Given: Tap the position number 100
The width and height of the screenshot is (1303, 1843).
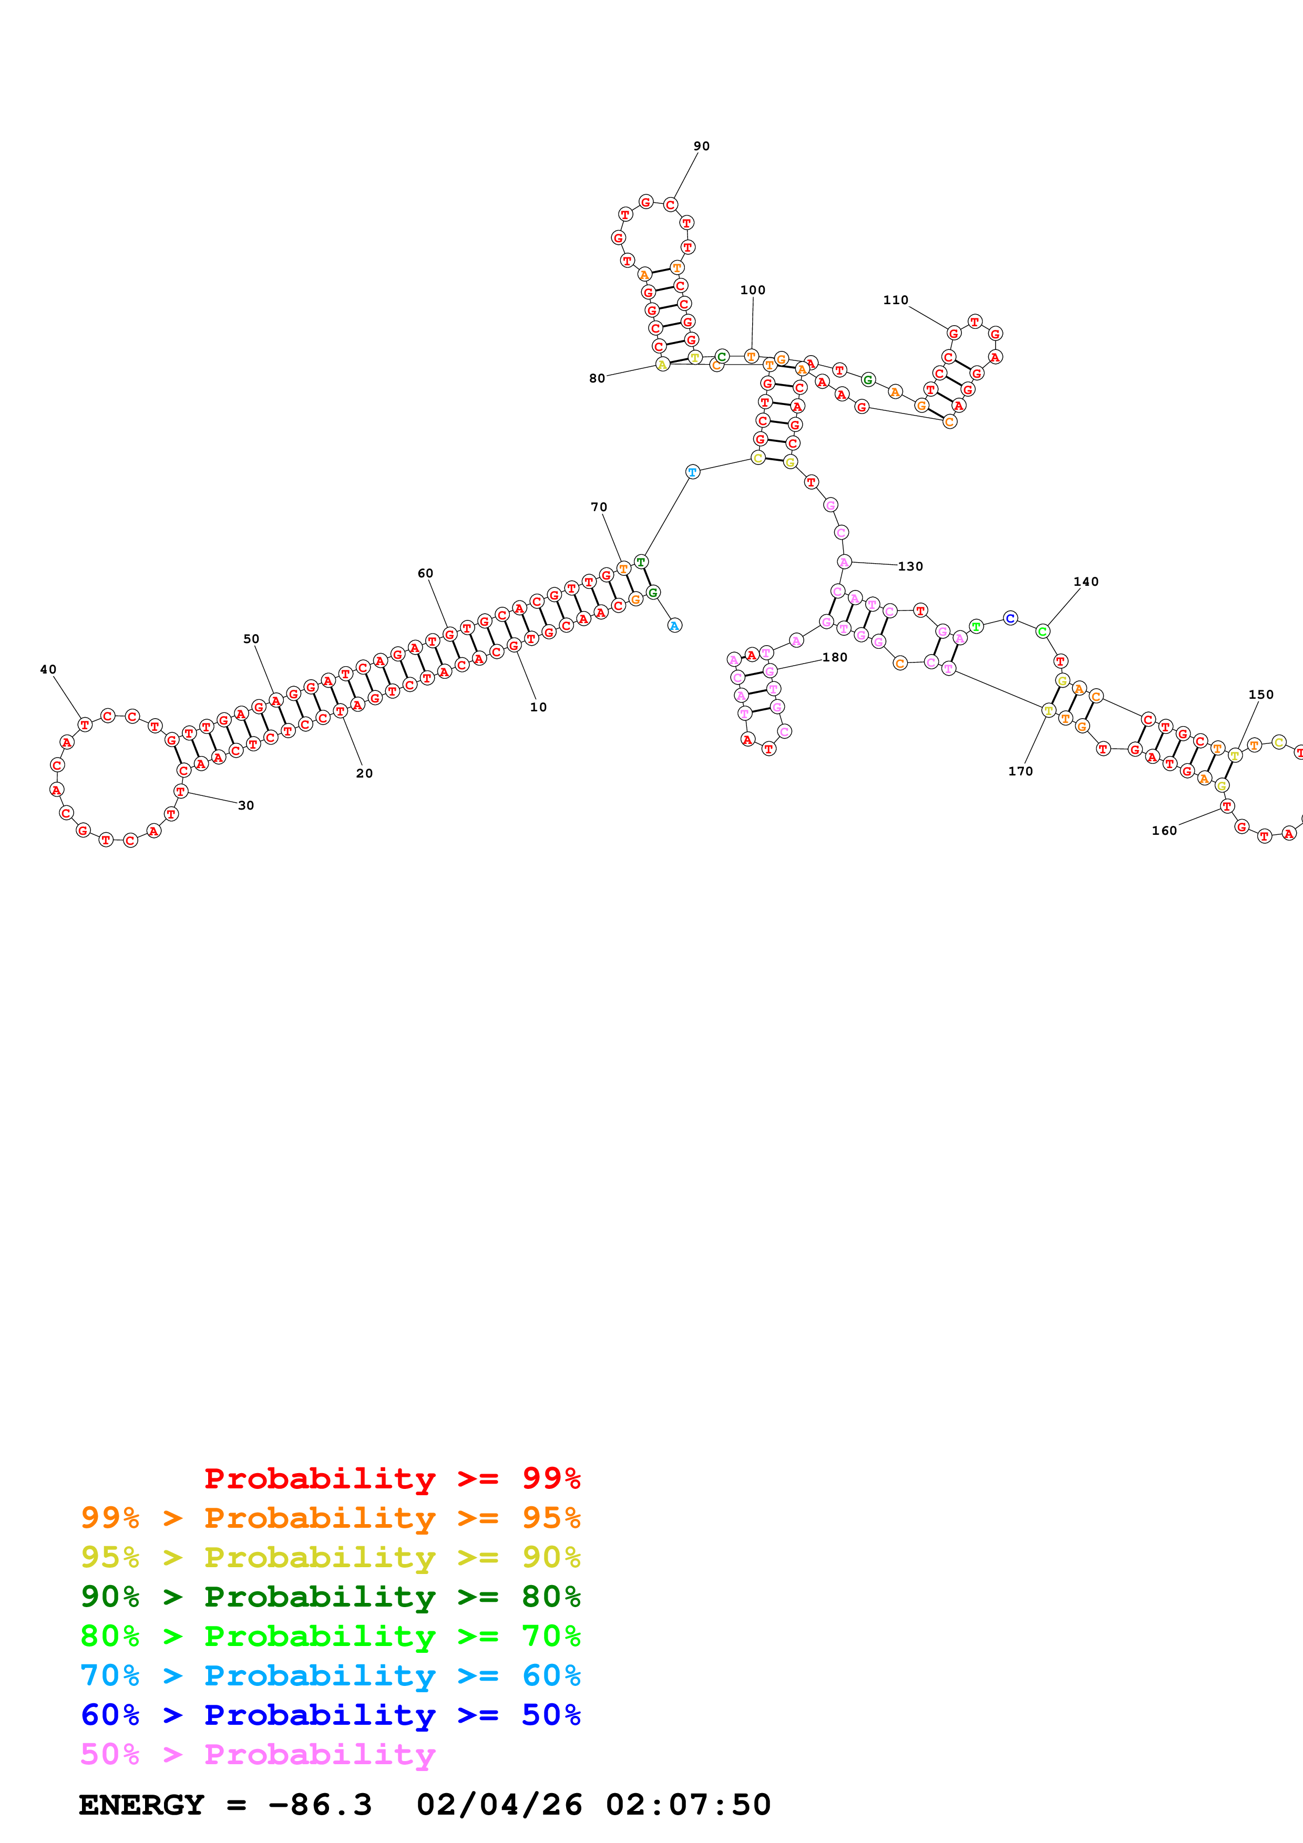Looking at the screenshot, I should click(x=752, y=290).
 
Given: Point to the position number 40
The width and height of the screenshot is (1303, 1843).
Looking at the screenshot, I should click(x=48, y=669).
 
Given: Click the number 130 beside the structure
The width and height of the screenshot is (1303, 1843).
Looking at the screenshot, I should click(x=910, y=566).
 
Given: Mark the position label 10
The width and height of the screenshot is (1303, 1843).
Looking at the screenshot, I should click(x=538, y=707).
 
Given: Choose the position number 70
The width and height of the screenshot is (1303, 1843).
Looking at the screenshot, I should click(x=599, y=508).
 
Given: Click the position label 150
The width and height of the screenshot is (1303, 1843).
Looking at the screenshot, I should click(x=1260, y=695).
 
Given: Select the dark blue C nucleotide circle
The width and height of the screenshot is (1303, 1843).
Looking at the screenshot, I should click(x=1010, y=618).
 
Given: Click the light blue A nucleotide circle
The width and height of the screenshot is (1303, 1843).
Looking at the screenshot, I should click(x=674, y=625).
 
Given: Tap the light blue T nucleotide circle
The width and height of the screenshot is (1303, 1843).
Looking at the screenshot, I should click(x=692, y=472).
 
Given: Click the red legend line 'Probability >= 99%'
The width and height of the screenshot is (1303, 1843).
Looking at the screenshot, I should click(x=392, y=1478).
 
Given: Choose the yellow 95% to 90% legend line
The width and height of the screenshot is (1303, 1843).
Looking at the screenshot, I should click(x=330, y=1557).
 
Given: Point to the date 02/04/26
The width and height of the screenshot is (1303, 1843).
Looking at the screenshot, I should click(x=499, y=1805).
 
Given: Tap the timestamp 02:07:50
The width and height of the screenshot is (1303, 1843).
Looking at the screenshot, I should click(x=688, y=1805).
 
